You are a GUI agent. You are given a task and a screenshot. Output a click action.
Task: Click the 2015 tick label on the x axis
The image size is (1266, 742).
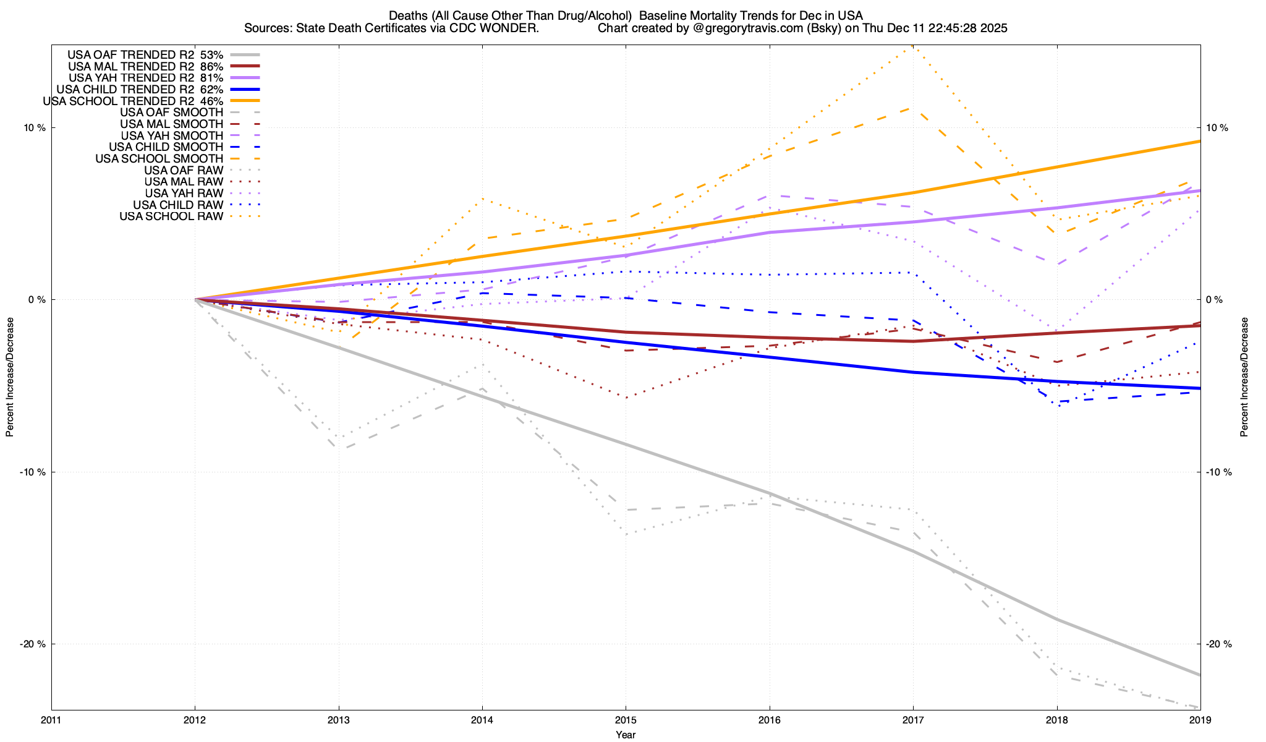tap(626, 720)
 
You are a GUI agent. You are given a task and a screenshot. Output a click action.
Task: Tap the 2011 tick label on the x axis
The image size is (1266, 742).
tap(51, 720)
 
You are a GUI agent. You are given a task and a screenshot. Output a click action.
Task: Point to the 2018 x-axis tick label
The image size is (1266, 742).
tap(1056, 720)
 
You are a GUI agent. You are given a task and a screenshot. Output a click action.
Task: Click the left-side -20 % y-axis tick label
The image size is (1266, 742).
tap(33, 644)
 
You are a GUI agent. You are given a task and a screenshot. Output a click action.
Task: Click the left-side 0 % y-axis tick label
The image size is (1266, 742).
tap(38, 300)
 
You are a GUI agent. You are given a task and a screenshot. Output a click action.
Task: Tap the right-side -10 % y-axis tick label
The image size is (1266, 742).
tap(1218, 472)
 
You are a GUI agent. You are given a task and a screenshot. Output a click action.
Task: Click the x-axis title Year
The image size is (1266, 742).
tap(626, 735)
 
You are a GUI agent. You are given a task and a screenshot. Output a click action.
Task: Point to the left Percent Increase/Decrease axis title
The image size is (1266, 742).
tap(10, 377)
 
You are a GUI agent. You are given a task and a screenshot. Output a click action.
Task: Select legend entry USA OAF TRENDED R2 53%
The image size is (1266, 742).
tap(145, 54)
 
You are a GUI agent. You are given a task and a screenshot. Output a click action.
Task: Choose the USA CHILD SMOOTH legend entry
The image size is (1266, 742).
tap(166, 147)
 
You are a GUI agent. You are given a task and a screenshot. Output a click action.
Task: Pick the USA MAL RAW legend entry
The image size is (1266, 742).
tap(184, 182)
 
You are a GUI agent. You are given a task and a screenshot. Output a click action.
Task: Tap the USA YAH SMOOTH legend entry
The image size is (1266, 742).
tap(172, 135)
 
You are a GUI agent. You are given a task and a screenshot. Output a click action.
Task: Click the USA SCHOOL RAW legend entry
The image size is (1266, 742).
tap(171, 216)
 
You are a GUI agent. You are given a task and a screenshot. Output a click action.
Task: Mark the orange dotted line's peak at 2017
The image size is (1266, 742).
tap(912, 46)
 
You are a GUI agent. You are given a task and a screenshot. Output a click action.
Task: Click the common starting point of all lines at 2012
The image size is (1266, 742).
tap(195, 299)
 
